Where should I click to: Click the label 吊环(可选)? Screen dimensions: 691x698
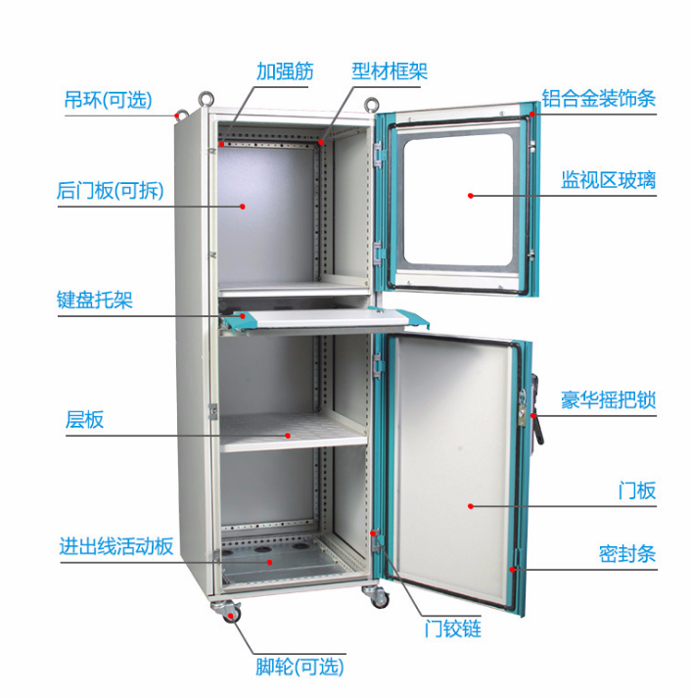[x=109, y=100]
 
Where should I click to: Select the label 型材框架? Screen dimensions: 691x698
[x=390, y=71]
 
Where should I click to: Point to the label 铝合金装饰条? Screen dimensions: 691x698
[x=598, y=98]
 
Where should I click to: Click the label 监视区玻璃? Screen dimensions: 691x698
[x=607, y=179]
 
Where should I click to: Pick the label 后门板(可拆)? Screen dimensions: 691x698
[x=110, y=191]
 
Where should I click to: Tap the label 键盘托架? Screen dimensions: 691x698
[x=94, y=300]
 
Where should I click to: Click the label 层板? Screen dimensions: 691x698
[x=84, y=420]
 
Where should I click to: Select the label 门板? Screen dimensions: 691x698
[x=636, y=491]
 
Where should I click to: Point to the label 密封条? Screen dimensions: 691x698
[x=626, y=554]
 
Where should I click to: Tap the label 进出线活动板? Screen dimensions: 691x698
[x=115, y=545]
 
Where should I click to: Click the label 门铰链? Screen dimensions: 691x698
[x=452, y=628]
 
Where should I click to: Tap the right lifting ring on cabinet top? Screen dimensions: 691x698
[x=374, y=102]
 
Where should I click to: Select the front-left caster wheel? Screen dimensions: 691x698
[x=232, y=613]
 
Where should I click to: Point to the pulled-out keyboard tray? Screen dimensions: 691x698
[x=323, y=317]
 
